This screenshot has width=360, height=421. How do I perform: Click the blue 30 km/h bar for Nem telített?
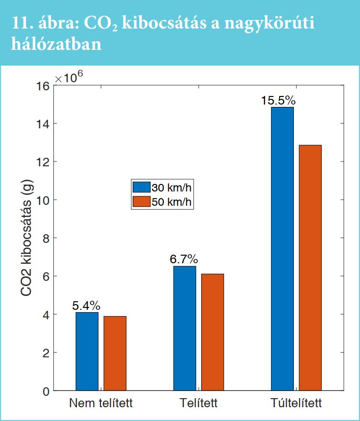click(87, 351)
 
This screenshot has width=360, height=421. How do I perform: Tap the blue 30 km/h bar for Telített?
click(185, 328)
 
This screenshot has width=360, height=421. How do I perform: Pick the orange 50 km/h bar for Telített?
click(213, 332)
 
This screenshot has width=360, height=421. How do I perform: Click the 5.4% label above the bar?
click(86, 306)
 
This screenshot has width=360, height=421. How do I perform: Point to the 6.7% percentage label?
click(184, 260)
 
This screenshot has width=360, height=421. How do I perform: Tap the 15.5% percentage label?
click(278, 101)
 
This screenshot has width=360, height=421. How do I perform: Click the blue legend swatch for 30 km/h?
click(141, 187)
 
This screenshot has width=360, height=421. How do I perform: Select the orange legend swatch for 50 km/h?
click(141, 201)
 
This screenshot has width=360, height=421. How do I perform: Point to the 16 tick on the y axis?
click(43, 86)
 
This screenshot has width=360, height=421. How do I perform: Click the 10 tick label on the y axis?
click(43, 200)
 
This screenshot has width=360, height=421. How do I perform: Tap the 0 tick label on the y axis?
click(46, 392)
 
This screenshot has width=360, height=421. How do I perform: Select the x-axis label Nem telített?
click(101, 404)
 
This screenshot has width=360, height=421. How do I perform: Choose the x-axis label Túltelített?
click(296, 404)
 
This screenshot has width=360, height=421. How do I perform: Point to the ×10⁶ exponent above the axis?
click(69, 78)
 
